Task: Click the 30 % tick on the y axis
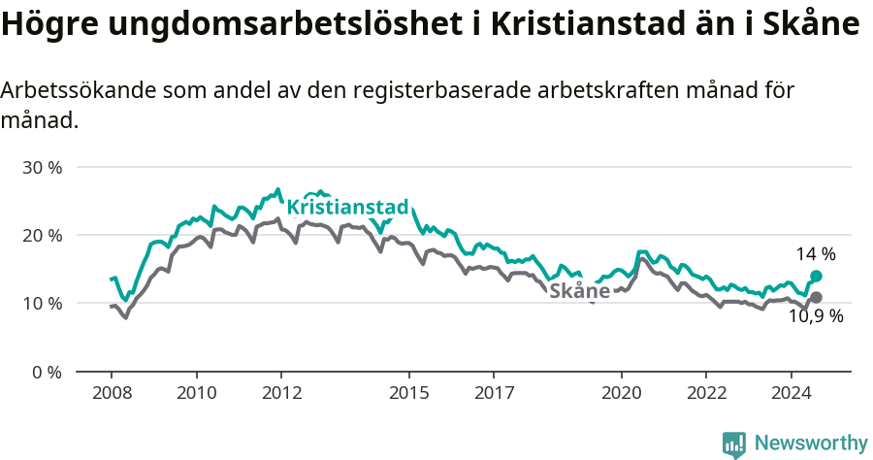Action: (42, 167)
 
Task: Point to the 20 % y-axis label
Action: (42, 235)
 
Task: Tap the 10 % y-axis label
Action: (42, 303)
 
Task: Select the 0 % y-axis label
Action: (46, 372)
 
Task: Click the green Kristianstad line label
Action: (348, 207)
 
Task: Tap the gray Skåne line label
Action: (579, 291)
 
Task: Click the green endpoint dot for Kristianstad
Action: (817, 277)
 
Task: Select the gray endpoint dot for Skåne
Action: (817, 297)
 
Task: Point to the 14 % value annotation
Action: (816, 254)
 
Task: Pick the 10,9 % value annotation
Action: (816, 316)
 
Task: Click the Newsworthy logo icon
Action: (734, 444)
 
